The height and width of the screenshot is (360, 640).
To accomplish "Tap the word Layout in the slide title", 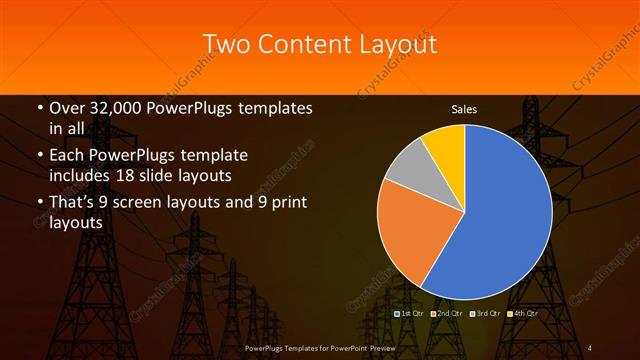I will point(396,44).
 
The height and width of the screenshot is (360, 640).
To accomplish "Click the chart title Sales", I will point(464,108).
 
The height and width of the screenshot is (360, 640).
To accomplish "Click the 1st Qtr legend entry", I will point(411,313).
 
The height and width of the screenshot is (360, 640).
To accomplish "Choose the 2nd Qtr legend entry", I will point(447,313).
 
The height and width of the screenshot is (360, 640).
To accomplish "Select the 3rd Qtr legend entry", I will point(484,313).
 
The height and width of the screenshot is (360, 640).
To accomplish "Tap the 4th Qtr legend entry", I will point(521,313).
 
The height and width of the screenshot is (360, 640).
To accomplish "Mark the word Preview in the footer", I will point(376,347).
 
